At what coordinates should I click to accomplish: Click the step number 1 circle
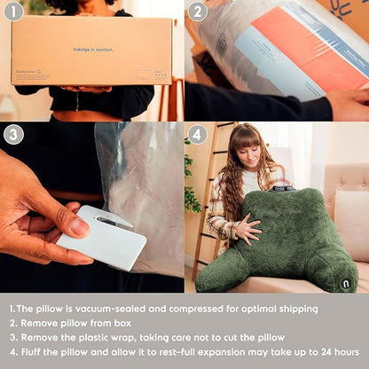click(x=13, y=12)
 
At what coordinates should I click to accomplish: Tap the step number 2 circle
click(x=198, y=12)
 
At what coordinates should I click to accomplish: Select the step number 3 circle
click(x=13, y=135)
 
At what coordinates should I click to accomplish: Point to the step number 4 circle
click(x=198, y=135)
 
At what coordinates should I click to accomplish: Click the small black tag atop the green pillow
click(x=282, y=187)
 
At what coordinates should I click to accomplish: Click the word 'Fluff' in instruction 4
click(x=35, y=352)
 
